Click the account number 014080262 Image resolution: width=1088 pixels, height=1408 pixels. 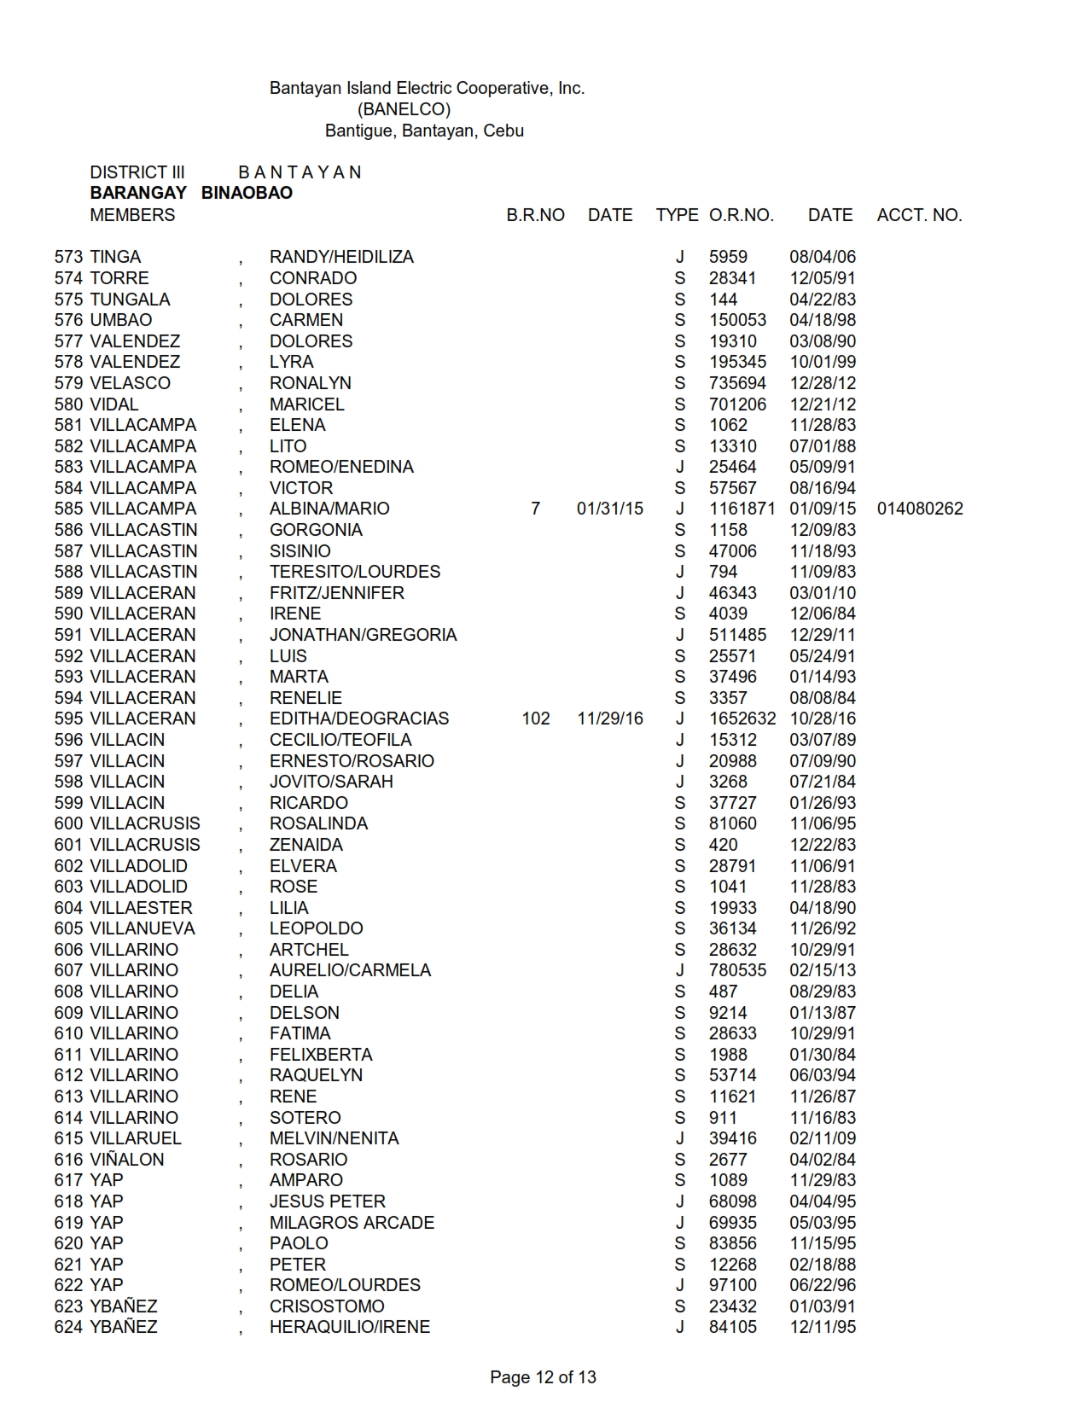click(920, 509)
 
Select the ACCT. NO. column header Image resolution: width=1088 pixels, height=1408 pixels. click(919, 215)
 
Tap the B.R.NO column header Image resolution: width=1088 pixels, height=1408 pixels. click(535, 215)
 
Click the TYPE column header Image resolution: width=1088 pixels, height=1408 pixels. click(677, 215)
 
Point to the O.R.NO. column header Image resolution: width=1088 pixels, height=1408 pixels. click(741, 215)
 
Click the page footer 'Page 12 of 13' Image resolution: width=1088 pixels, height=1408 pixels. click(543, 1376)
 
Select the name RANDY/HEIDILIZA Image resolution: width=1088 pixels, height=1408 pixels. click(341, 257)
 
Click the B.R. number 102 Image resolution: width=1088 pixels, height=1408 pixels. click(536, 719)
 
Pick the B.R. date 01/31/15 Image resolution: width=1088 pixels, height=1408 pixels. click(609, 509)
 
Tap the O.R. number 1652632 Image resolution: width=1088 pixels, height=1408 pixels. click(742, 719)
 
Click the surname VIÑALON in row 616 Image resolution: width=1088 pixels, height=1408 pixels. click(127, 1159)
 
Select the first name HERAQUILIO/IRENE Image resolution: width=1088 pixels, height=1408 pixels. click(350, 1327)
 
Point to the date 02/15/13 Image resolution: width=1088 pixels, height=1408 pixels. click(822, 970)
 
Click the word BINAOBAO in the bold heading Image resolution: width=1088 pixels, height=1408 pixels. click(247, 193)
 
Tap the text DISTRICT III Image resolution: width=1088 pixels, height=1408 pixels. click(137, 172)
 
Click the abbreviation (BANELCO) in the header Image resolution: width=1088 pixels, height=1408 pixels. click(404, 109)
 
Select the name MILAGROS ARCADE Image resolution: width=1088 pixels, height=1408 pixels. click(352, 1222)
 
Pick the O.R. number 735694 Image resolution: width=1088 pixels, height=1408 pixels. click(737, 383)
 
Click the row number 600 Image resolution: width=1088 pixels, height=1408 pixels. click(68, 823)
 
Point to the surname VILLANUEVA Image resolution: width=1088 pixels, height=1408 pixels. click(143, 928)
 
